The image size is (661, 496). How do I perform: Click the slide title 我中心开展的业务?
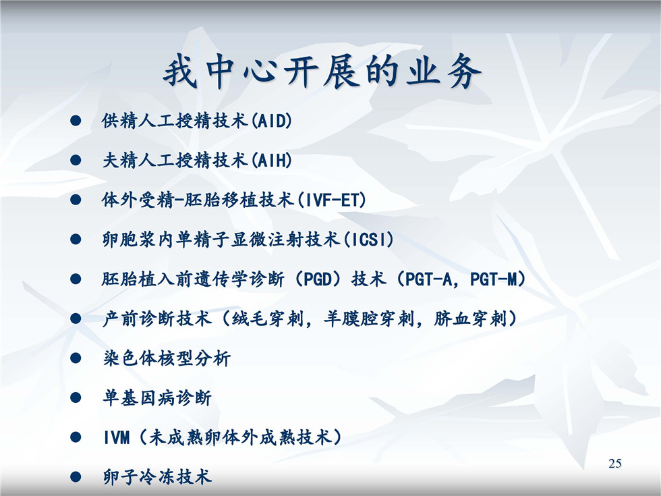322,71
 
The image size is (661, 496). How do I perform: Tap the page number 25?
615,463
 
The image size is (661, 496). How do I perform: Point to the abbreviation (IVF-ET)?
332,200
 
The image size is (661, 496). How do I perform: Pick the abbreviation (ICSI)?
368,240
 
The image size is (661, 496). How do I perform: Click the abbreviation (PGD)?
318,279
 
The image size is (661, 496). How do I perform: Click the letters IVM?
117,438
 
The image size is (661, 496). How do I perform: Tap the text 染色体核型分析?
167,358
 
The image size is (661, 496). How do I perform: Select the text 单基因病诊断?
157,397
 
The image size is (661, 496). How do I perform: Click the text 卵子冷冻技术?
157,477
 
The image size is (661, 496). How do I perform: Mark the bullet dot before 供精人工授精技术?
76,121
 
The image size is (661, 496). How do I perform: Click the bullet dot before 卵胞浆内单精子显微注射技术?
76,240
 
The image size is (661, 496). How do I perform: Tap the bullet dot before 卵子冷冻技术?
76,477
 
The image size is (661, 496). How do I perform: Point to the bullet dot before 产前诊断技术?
76,319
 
